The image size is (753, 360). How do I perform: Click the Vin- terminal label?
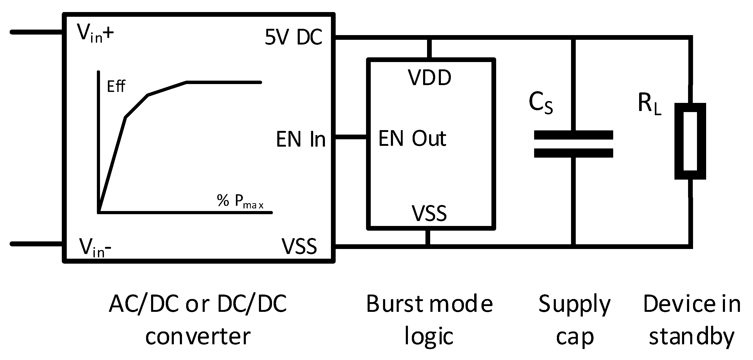[x=95, y=248]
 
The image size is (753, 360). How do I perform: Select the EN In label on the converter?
[x=301, y=139]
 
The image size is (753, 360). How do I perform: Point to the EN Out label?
[x=412, y=138]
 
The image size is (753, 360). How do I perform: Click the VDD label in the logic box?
[x=429, y=78]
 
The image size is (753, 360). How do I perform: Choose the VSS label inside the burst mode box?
[x=429, y=213]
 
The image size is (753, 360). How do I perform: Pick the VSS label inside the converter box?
[x=299, y=246]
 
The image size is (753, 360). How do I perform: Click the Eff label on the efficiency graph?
[x=116, y=86]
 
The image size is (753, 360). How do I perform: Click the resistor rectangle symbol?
[x=690, y=141]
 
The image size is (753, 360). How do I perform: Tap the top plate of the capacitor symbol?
[x=573, y=135]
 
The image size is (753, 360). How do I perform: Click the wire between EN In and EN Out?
[x=351, y=137]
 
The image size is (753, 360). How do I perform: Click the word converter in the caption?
[x=198, y=336]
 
